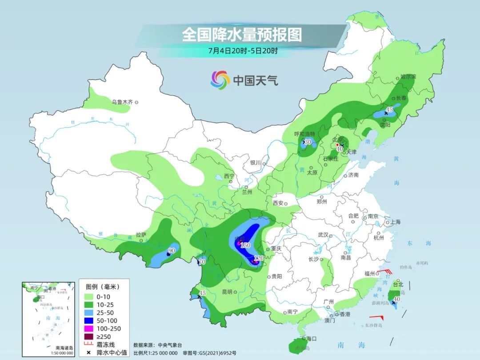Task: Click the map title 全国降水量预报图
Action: coord(242,35)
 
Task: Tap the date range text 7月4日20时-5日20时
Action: coord(243,50)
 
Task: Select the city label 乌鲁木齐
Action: coord(122,102)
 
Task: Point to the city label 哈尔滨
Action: coord(408,76)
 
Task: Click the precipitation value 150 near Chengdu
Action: coord(246,245)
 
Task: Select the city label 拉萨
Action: coord(140,235)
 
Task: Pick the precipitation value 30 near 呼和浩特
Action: coord(308,142)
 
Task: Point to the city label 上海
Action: coord(395,222)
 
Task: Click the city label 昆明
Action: coord(226,292)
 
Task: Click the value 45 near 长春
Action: coord(389,109)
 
